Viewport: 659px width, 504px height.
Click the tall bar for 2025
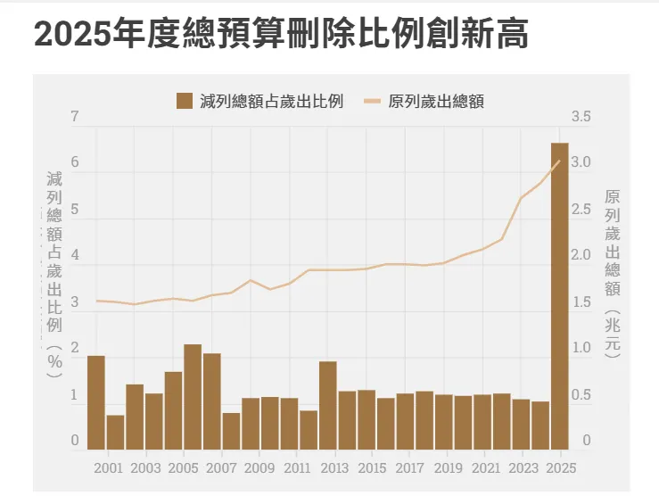[x=559, y=294]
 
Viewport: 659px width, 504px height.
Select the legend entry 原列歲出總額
[x=425, y=101]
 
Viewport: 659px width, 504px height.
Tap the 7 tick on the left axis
[x=75, y=117]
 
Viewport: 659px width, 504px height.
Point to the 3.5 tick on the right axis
[x=581, y=117]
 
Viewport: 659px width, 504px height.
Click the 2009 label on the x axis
[x=259, y=467]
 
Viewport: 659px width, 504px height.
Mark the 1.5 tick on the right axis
[x=581, y=302]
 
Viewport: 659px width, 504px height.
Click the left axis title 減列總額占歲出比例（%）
[x=54, y=272]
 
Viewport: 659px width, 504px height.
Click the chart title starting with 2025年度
[x=280, y=34]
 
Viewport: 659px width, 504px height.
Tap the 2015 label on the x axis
[x=372, y=467]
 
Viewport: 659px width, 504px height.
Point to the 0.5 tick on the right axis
[x=581, y=395]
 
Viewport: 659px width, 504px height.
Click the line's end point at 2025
[x=559, y=161]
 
